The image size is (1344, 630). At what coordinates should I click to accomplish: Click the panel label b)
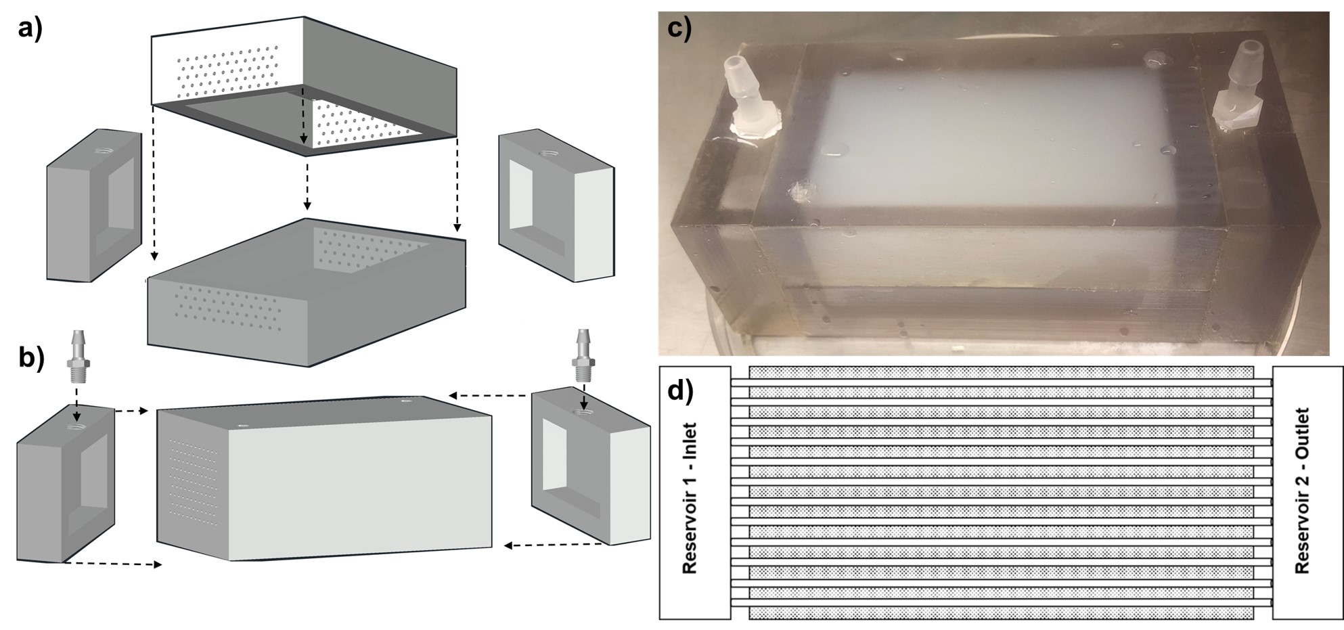point(31,357)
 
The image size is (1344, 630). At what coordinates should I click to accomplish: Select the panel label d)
point(680,391)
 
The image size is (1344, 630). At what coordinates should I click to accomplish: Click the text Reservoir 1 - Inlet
point(690,498)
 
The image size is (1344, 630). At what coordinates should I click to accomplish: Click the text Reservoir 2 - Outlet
point(1302,491)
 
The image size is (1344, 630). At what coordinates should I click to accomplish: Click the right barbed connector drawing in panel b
point(583,353)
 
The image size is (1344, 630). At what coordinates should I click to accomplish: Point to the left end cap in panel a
point(93,206)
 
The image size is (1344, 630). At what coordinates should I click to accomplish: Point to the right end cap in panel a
point(556,205)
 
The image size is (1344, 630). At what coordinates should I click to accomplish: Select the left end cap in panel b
point(65,481)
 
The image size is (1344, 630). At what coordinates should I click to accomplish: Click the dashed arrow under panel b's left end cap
point(112,564)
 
